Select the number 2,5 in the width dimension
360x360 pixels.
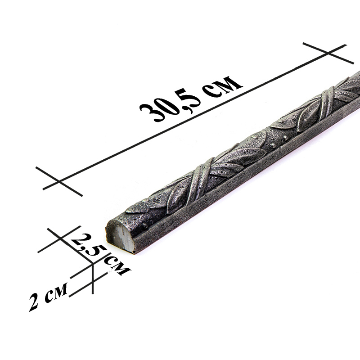click(88, 245)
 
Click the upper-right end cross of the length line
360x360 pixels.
click(328, 54)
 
